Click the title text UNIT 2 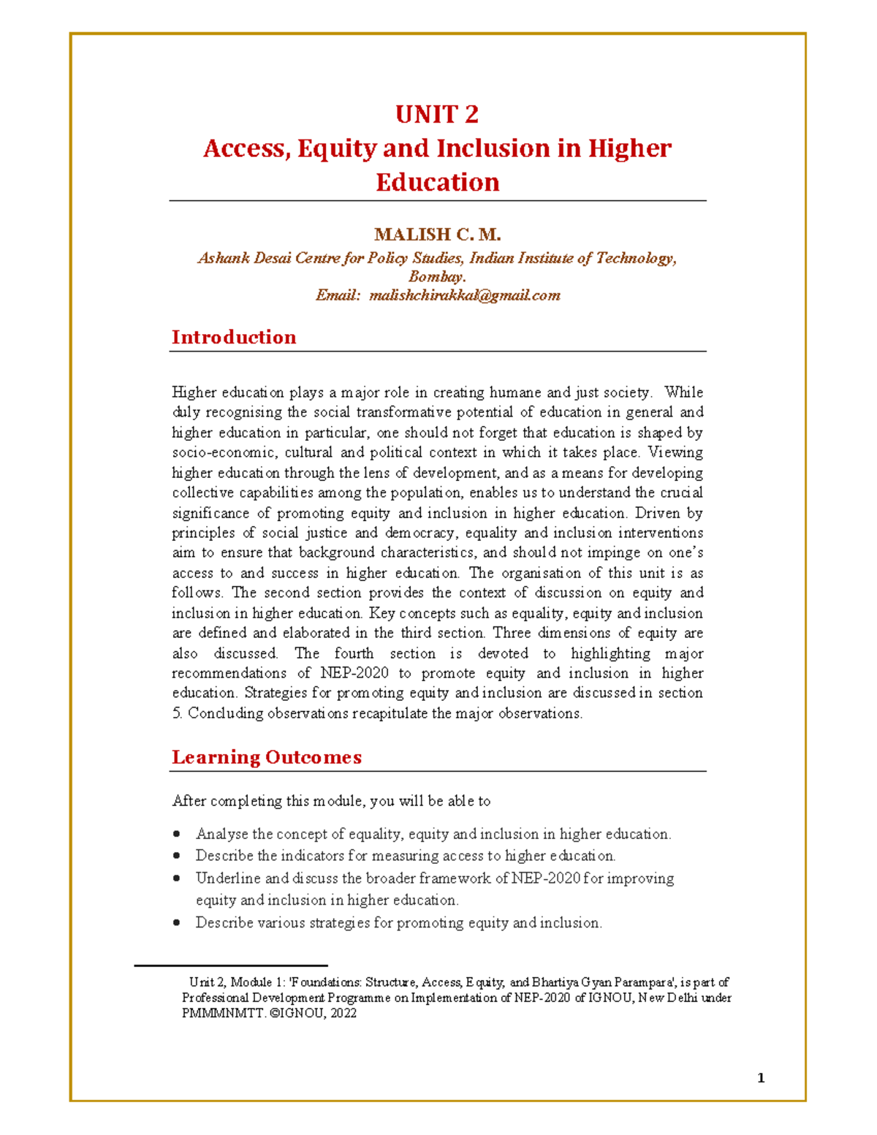pyautogui.click(x=437, y=115)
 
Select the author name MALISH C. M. pyautogui.click(x=437, y=235)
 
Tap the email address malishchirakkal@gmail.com pyautogui.click(x=465, y=295)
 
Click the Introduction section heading pyautogui.click(x=234, y=337)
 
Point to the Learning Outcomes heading pyautogui.click(x=267, y=757)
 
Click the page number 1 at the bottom pyautogui.click(x=761, y=1078)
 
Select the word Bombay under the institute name pyautogui.click(x=436, y=277)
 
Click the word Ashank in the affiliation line pyautogui.click(x=224, y=258)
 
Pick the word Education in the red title pyautogui.click(x=437, y=182)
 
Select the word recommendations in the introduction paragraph pyautogui.click(x=229, y=673)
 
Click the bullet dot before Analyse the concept pyautogui.click(x=177, y=834)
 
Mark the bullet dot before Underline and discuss pyautogui.click(x=177, y=878)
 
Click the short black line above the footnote pyautogui.click(x=230, y=966)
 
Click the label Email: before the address pyautogui.click(x=338, y=295)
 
